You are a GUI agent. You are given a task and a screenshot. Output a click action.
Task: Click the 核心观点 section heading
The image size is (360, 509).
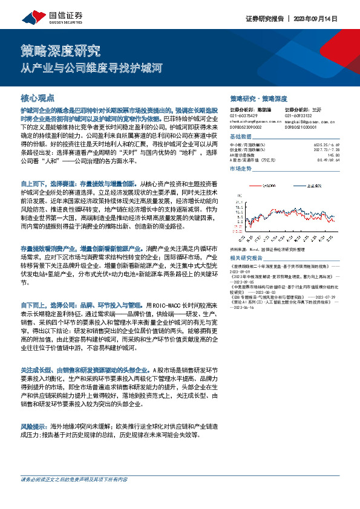pos(38,97)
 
